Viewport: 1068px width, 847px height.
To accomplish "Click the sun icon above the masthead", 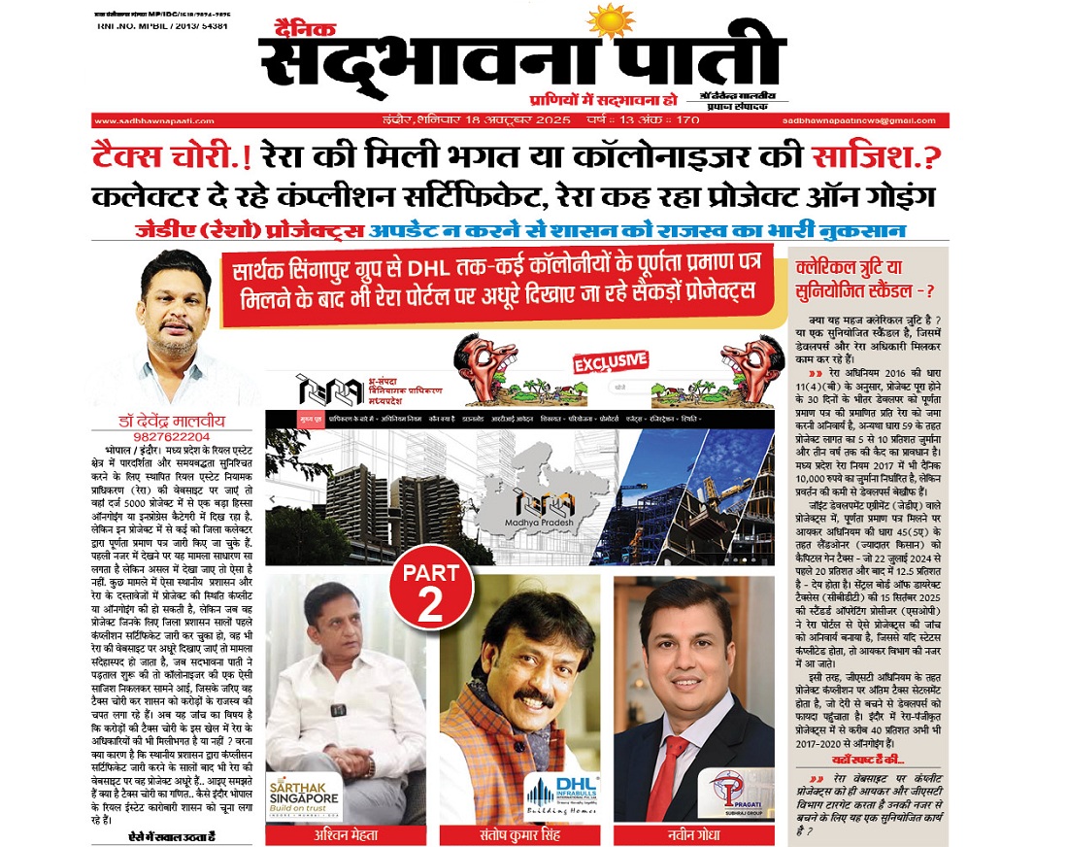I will point(610,19).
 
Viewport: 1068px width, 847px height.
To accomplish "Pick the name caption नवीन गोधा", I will point(694,834).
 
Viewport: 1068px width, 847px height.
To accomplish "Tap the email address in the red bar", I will point(863,120).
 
